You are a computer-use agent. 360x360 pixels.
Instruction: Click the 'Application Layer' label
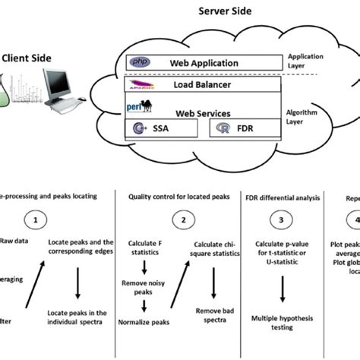click(x=307, y=62)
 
